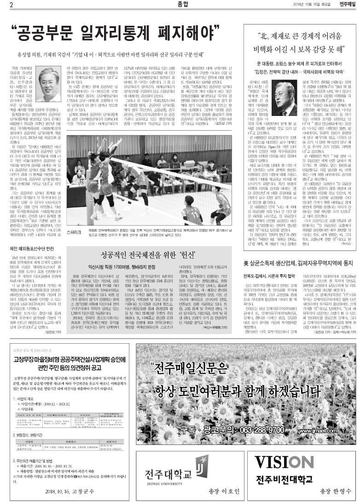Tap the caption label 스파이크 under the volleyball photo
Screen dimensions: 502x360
click(75, 233)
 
